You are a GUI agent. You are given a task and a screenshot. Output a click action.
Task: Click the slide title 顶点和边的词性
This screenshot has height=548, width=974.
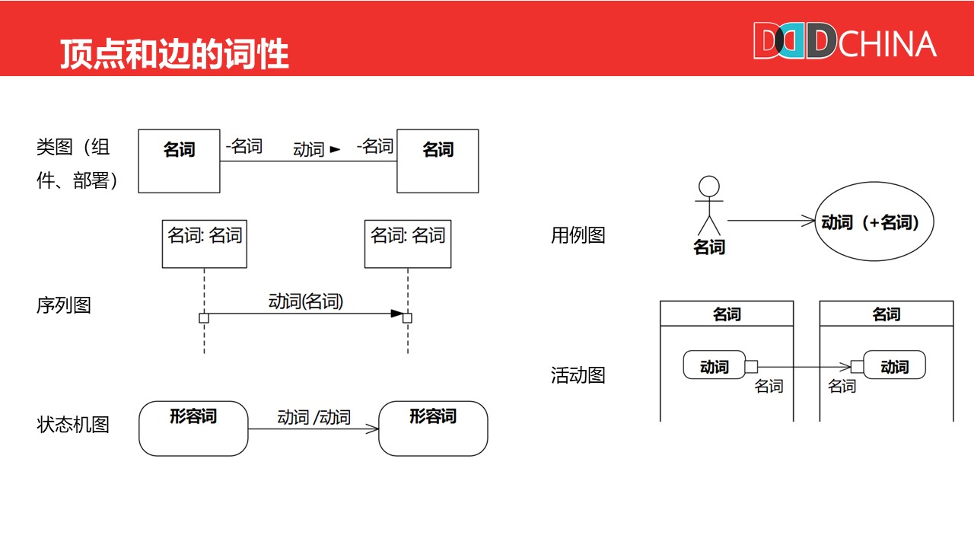(174, 54)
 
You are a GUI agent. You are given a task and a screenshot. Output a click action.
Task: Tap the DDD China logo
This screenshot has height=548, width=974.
(845, 42)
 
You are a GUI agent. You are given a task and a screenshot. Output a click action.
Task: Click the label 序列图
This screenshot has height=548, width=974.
(64, 305)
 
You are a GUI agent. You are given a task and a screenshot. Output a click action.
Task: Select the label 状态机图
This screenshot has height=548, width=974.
(73, 424)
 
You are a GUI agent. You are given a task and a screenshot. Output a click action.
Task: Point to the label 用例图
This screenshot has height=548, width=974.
(578, 235)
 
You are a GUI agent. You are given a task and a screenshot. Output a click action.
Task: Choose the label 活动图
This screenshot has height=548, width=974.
(578, 375)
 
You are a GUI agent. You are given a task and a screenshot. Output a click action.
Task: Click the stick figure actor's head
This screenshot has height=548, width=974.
(709, 186)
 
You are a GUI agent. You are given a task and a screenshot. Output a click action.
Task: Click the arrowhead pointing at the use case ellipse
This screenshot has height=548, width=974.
(808, 221)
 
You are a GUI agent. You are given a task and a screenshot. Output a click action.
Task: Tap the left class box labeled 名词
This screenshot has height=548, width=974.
(180, 161)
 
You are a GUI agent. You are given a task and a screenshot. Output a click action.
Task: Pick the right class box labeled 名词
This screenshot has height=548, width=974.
(438, 161)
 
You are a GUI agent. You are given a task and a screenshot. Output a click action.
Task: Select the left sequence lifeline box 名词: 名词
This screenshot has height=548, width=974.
(205, 244)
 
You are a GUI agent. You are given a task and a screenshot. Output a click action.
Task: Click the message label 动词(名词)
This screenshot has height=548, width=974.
(306, 301)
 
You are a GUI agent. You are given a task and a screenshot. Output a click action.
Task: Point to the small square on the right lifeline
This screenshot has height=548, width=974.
(407, 318)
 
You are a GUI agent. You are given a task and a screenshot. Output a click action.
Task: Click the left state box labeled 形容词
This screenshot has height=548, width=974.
(193, 428)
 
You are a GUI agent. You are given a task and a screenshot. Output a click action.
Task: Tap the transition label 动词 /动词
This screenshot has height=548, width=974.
(314, 417)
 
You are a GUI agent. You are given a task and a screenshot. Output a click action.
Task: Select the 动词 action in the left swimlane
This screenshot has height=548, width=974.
(714, 366)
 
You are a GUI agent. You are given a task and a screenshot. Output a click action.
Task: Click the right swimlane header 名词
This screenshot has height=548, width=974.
(886, 314)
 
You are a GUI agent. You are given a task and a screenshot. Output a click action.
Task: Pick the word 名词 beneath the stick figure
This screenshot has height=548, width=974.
(709, 247)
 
